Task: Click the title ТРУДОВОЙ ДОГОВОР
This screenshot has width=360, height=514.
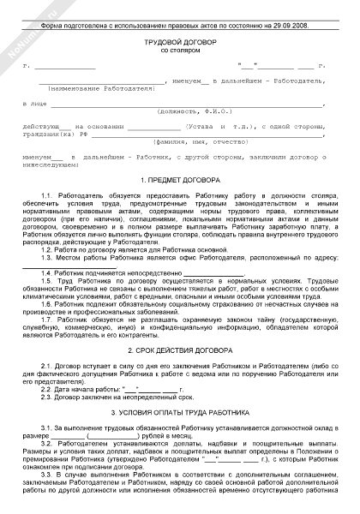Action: (x=180, y=41)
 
